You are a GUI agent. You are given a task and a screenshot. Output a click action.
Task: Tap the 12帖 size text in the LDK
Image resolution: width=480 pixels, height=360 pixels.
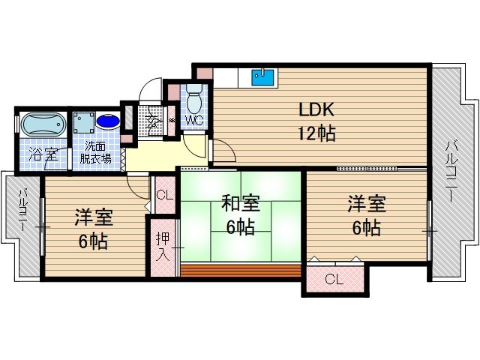316,135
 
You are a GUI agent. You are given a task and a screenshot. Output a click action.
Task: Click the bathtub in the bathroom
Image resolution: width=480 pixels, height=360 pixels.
42,124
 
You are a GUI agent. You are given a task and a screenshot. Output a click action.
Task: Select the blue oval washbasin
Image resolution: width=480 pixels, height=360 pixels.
107,121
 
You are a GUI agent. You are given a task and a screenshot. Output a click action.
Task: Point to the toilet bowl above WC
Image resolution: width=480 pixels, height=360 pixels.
194,100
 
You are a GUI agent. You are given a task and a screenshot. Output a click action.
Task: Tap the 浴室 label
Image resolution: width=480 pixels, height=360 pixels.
43,156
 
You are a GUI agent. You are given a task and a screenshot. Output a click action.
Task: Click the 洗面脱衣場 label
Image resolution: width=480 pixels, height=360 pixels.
97,152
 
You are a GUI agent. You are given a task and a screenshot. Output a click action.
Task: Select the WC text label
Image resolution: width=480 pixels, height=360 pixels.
194,120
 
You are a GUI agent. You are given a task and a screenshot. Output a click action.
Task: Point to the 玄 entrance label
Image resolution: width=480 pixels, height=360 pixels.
153,118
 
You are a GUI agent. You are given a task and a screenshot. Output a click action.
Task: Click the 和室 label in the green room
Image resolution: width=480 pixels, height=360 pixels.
240,203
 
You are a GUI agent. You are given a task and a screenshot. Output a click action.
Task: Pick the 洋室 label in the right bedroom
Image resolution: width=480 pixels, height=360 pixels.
365,203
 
